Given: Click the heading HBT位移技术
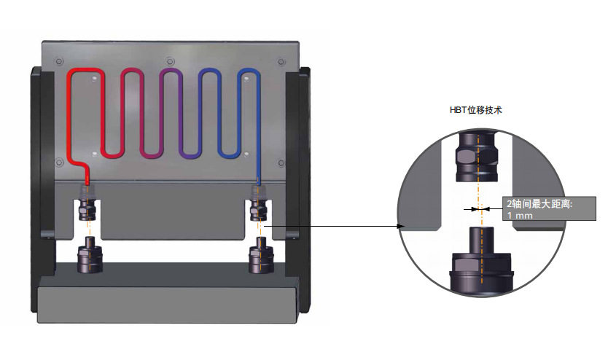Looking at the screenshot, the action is pyautogui.click(x=476, y=110).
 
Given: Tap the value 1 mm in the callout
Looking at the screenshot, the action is pyautogui.click(x=520, y=215).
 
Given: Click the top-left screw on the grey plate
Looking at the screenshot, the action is pyautogui.click(x=59, y=61).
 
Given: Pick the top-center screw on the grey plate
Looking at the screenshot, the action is pyautogui.click(x=170, y=61).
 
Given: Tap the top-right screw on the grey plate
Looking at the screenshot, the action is pyautogui.click(x=281, y=62).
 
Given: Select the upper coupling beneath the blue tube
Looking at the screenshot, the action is pyautogui.click(x=258, y=208).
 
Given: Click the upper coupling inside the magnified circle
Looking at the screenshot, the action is pyautogui.click(x=477, y=157).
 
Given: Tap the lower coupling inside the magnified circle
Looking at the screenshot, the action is pyautogui.click(x=481, y=261).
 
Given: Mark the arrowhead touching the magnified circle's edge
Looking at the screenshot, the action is pyautogui.click(x=400, y=227).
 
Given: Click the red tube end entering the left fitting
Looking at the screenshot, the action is pyautogui.click(x=87, y=181).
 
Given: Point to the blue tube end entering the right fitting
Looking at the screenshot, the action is pyautogui.click(x=258, y=181).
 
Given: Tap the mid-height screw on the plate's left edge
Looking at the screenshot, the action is pyautogui.click(x=59, y=163).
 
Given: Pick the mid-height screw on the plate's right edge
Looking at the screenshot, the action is pyautogui.click(x=281, y=163).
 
